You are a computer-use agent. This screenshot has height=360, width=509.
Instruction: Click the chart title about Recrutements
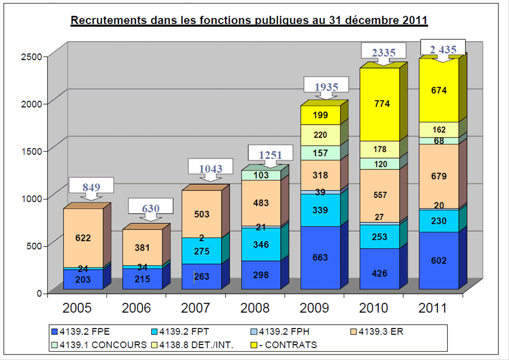pyautogui.click(x=249, y=20)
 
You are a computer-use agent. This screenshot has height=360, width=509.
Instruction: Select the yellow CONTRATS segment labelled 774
pyautogui.click(x=380, y=104)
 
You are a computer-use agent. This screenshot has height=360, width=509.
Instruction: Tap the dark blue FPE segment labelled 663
pyautogui.click(x=320, y=257)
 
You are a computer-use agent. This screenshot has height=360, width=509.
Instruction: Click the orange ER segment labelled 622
pyautogui.click(x=83, y=238)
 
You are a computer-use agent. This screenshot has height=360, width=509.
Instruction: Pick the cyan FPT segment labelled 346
pyautogui.click(x=261, y=244)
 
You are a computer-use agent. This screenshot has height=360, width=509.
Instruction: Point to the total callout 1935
pyautogui.click(x=326, y=87)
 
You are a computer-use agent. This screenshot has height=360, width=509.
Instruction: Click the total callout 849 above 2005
pyautogui.click(x=91, y=187)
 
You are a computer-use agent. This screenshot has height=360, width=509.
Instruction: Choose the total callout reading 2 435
pyautogui.click(x=443, y=49)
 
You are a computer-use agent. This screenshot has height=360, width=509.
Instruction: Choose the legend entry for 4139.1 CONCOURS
pyautogui.click(x=99, y=344)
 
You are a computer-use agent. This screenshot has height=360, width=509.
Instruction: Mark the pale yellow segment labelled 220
pyautogui.click(x=320, y=135)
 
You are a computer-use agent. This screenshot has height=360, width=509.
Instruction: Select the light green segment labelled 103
pyautogui.click(x=261, y=175)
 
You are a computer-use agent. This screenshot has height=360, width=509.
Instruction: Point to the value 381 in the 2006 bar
pyautogui.click(x=142, y=248)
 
